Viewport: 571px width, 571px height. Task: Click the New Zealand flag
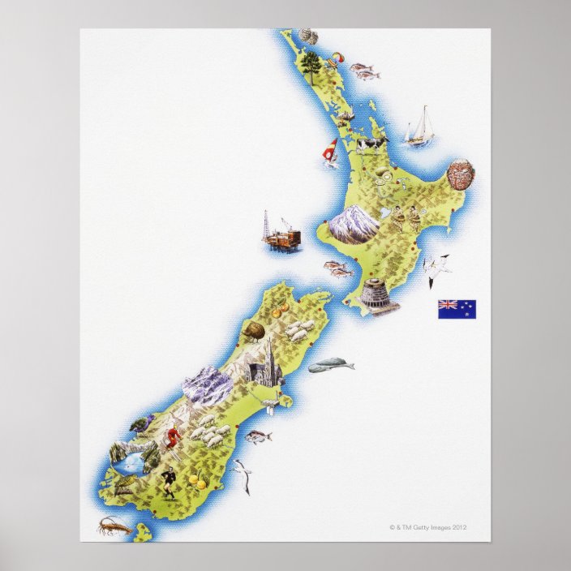coord(457,309)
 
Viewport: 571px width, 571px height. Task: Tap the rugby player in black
coord(170,479)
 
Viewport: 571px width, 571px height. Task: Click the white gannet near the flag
coord(439,268)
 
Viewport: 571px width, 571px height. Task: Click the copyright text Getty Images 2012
coord(428,527)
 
